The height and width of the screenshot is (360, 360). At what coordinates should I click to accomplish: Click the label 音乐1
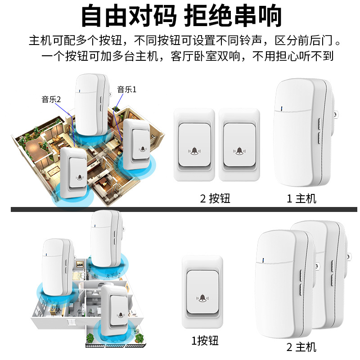coord(126,90)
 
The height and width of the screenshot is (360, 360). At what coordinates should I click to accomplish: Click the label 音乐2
coord(51,99)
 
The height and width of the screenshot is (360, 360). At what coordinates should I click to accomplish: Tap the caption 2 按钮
coord(215,198)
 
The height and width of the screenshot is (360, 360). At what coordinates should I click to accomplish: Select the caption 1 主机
coord(301,198)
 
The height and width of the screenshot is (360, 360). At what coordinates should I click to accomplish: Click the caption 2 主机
coord(301,347)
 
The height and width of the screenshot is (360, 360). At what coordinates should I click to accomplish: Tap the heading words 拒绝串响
coord(234,17)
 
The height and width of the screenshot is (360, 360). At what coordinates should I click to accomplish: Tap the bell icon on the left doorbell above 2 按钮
coord(194,151)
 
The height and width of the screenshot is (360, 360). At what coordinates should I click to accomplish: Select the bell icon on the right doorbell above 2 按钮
coord(239,151)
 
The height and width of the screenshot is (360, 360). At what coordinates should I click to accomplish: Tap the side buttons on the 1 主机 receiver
coord(318,130)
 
